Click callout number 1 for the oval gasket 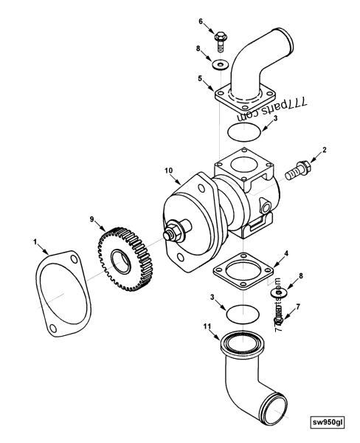click(x=35, y=241)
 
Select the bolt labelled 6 click(x=220, y=35)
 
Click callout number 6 click(x=199, y=21)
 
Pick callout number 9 click(x=92, y=220)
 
